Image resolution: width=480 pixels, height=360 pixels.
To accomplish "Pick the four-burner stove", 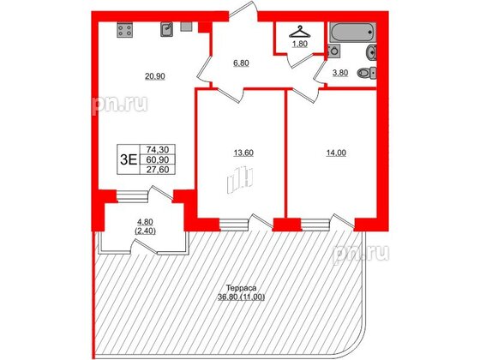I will point(123,32).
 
